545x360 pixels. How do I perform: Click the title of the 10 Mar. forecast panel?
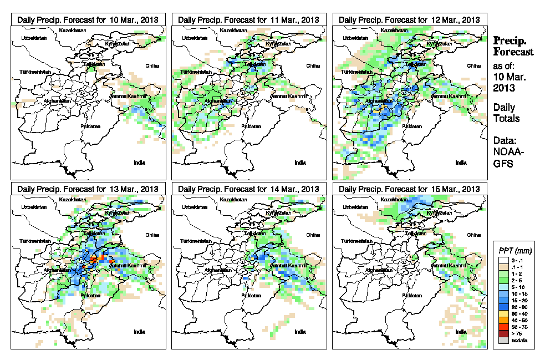(x=88, y=19)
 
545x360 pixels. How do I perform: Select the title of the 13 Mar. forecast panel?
(x=88, y=189)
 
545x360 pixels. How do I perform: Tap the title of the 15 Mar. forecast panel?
(x=409, y=189)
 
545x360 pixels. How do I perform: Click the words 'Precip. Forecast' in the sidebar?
(x=513, y=47)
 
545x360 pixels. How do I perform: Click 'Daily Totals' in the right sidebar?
(x=506, y=113)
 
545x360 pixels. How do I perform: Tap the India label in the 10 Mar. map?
(x=139, y=163)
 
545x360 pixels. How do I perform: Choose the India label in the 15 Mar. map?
(x=461, y=332)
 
